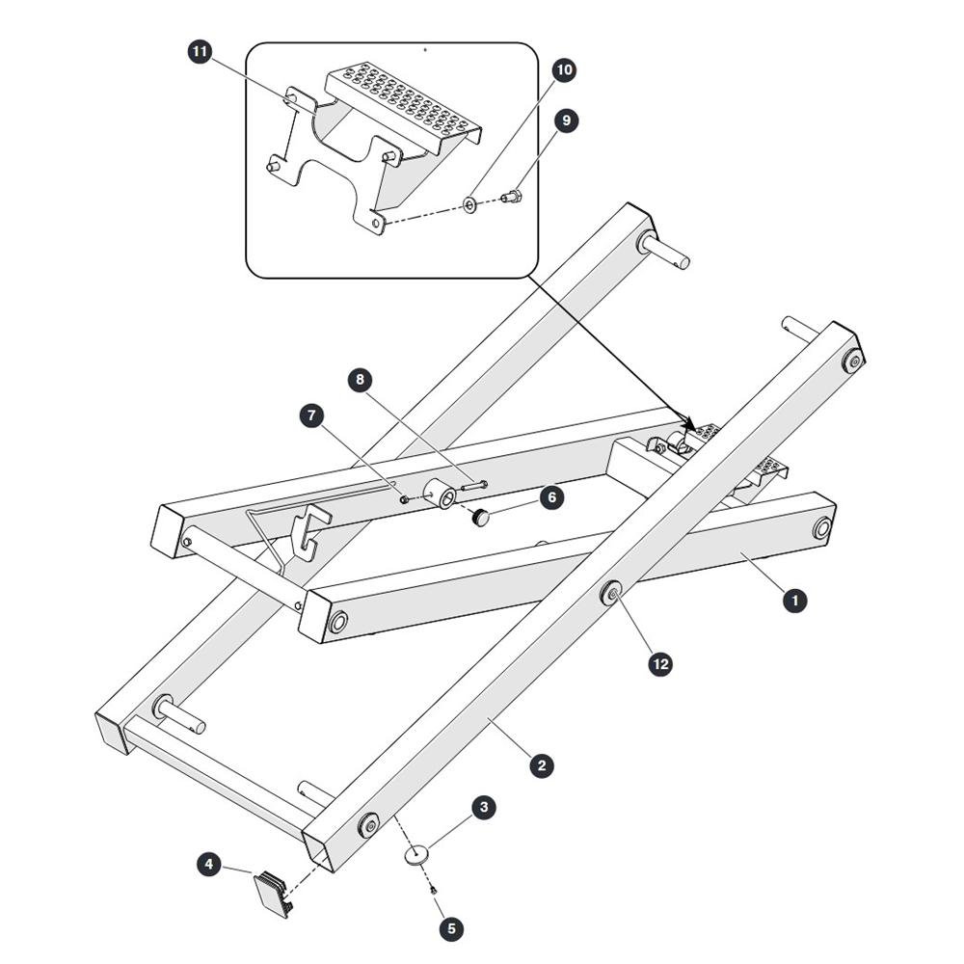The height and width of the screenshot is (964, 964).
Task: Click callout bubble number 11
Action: coord(200,52)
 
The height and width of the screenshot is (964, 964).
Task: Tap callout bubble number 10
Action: coord(564,70)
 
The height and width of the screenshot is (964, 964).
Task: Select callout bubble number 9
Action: coord(566,120)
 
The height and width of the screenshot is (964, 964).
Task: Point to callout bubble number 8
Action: coord(361,380)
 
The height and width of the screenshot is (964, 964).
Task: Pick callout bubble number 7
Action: coord(312,415)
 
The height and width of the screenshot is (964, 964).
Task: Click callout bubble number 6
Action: coord(551,496)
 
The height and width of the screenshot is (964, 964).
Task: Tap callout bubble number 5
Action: coord(452,928)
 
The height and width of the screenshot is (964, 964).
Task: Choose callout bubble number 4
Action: coord(209,865)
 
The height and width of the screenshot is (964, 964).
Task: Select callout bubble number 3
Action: coord(484,807)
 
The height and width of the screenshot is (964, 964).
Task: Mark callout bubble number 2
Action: coord(542,765)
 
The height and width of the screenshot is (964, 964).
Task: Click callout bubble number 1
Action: coord(795,600)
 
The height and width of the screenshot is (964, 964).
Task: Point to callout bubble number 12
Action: coord(661,664)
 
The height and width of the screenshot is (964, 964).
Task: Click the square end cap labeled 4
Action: coord(274,894)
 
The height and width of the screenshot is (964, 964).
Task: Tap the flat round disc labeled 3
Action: coord(416,855)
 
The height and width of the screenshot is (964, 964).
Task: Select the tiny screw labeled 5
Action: coord(434,889)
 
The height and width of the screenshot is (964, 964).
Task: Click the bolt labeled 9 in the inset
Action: coord(512,198)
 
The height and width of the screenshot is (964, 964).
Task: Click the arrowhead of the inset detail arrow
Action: coord(690,425)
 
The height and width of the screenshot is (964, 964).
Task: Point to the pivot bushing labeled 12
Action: coord(611,593)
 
